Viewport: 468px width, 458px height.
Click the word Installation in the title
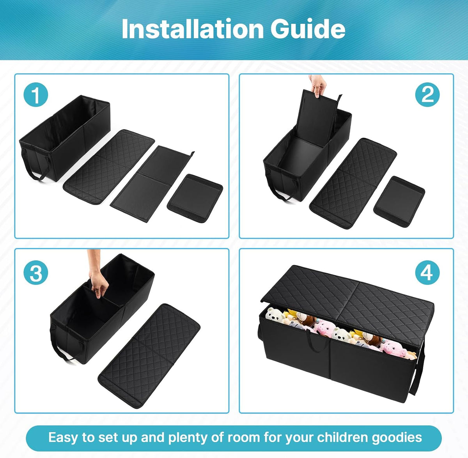click(193, 29)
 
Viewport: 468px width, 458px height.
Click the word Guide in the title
click(308, 29)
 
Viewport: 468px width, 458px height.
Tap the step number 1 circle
click(35, 94)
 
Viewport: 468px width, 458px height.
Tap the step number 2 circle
click(427, 94)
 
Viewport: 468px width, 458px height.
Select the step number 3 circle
click(35, 273)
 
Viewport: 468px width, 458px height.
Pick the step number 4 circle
click(427, 273)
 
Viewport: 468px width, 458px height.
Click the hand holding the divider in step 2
click(318, 85)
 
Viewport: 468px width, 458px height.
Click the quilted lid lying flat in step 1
click(109, 167)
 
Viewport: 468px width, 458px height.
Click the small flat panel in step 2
click(399, 202)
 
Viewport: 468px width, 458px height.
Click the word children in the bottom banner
click(342, 437)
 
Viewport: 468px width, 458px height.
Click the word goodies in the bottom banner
click(397, 438)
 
